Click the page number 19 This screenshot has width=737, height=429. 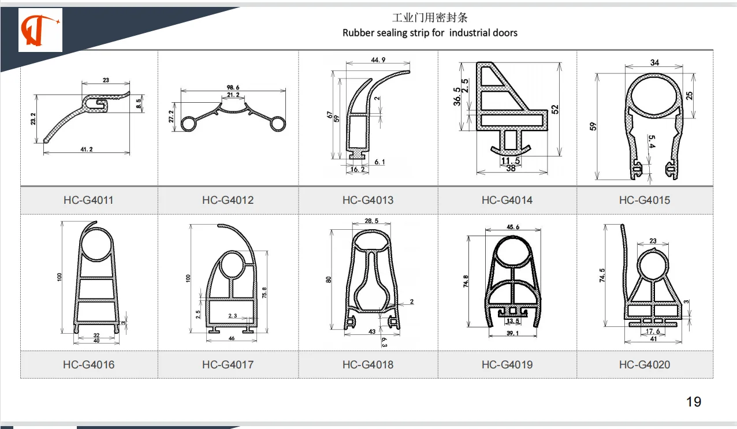click(x=693, y=402)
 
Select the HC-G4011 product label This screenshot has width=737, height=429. click(x=88, y=200)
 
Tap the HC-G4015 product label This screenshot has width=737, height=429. click(x=644, y=200)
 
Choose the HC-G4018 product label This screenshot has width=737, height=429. click(x=367, y=364)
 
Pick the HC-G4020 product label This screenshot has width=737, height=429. click(x=644, y=364)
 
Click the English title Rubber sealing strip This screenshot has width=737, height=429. click(x=430, y=33)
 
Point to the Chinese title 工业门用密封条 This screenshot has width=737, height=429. click(x=430, y=18)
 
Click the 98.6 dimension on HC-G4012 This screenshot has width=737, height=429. click(x=233, y=87)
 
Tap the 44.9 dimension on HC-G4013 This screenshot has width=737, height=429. click(x=378, y=60)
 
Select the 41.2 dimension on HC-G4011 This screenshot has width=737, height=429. click(x=86, y=150)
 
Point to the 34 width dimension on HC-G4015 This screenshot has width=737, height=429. click(x=654, y=62)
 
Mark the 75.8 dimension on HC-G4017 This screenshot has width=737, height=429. click(x=264, y=293)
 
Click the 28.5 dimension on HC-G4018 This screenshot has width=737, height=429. click(x=372, y=221)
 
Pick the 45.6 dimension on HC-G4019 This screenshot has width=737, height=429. click(x=512, y=227)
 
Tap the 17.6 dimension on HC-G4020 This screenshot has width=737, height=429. click(x=652, y=331)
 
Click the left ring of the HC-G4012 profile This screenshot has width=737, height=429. click(x=189, y=124)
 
